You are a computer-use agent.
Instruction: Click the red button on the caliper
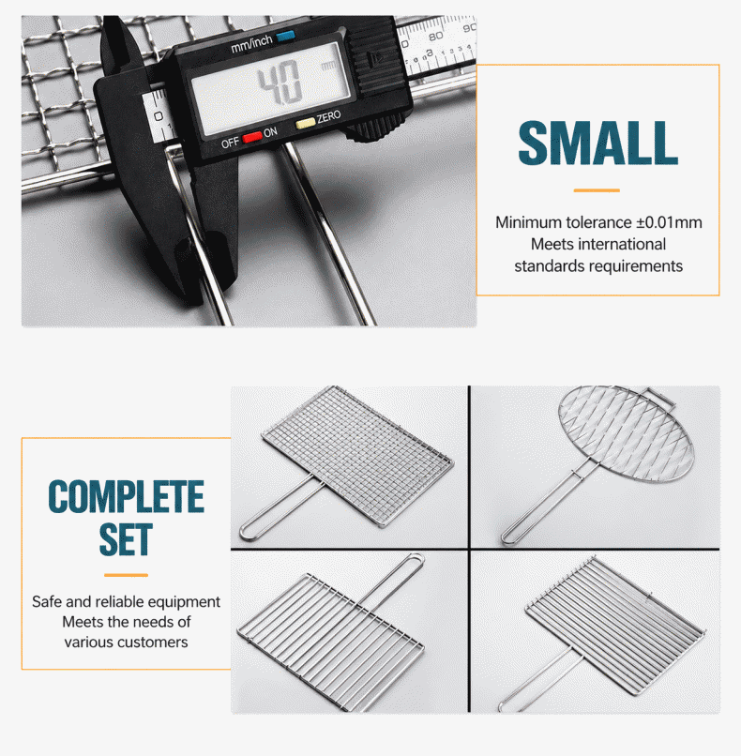[252, 137]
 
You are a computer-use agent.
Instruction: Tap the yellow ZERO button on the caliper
[305, 124]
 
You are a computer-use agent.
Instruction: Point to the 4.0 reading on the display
[280, 84]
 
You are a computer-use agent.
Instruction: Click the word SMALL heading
[597, 143]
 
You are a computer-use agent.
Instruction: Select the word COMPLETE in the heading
[127, 496]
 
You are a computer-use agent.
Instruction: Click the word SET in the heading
[126, 539]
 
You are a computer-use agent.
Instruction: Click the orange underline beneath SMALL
[597, 190]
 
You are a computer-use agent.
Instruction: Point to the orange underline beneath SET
[126, 575]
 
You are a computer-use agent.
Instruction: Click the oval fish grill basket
[626, 433]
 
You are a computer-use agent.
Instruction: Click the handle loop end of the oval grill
[508, 538]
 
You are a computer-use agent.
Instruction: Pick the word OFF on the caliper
[230, 144]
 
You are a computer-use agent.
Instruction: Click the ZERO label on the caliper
[329, 116]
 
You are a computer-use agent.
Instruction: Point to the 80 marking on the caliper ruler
[435, 37]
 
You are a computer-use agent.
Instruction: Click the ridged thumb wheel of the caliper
[378, 129]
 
